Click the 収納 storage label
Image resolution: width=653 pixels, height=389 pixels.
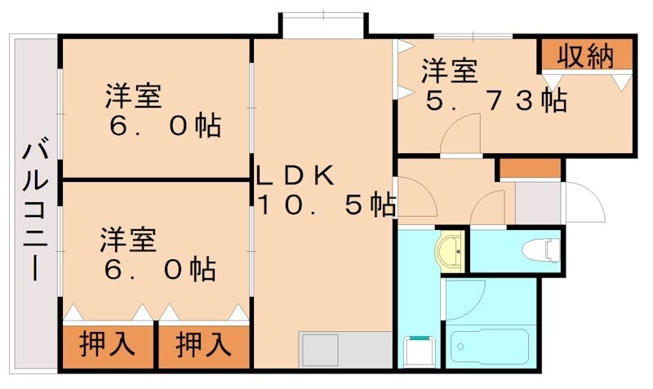pyautogui.click(x=586, y=56)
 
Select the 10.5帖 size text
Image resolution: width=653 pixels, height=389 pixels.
pyautogui.click(x=327, y=203)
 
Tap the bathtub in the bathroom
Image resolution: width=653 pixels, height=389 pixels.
pyautogui.click(x=491, y=347)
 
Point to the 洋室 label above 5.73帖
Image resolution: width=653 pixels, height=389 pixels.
pyautogui.click(x=449, y=72)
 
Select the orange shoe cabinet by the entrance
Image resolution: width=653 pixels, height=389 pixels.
pyautogui.click(x=529, y=168)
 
